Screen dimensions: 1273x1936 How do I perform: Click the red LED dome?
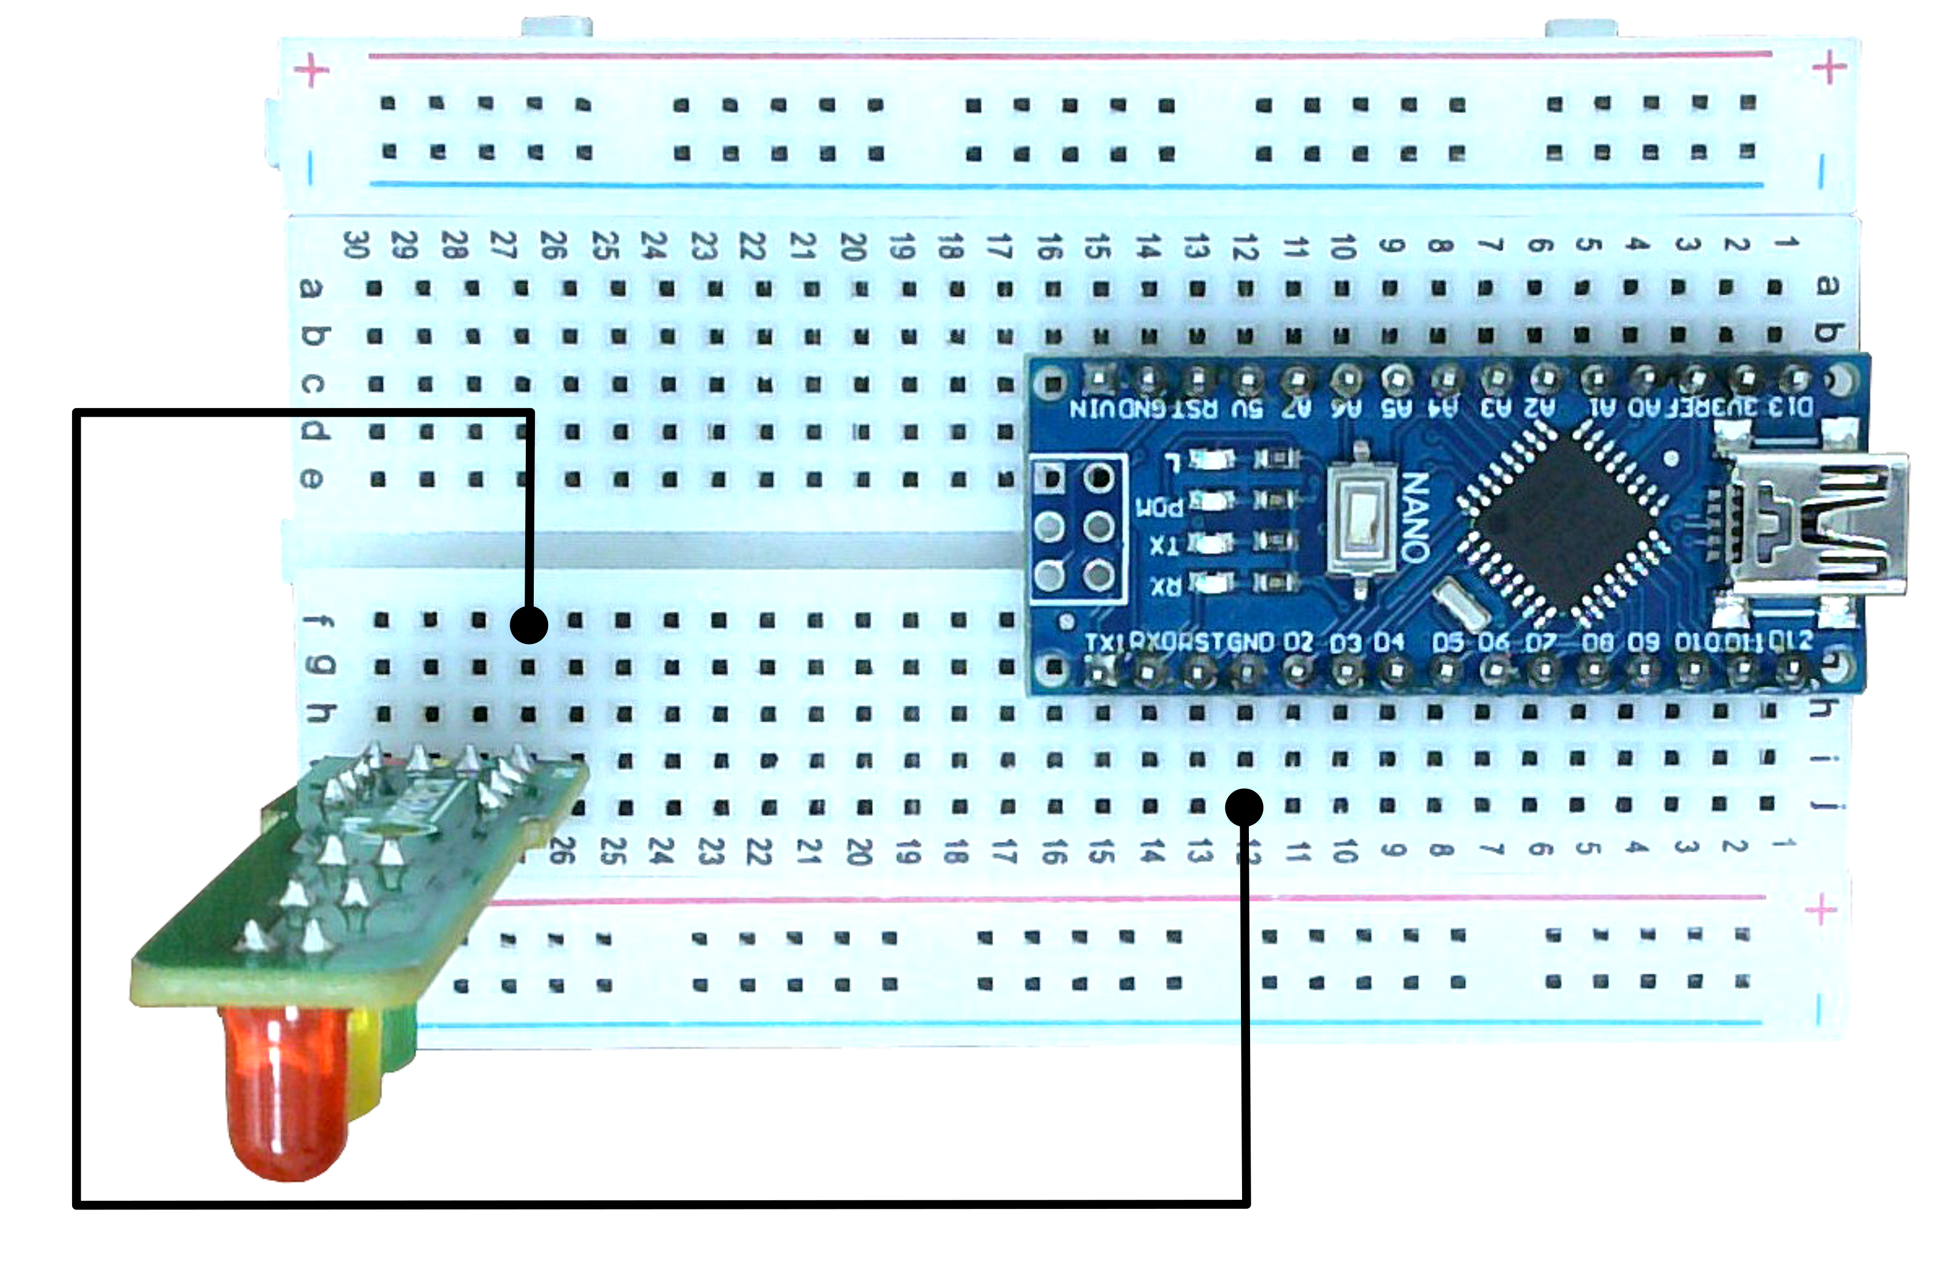click(285, 1090)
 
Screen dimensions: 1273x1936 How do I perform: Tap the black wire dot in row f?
click(529, 625)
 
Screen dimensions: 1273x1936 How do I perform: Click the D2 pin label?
click(1298, 642)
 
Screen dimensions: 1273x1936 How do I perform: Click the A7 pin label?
click(1296, 408)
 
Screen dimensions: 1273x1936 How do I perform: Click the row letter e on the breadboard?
click(311, 479)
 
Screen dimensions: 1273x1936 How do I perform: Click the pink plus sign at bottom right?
click(1820, 909)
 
